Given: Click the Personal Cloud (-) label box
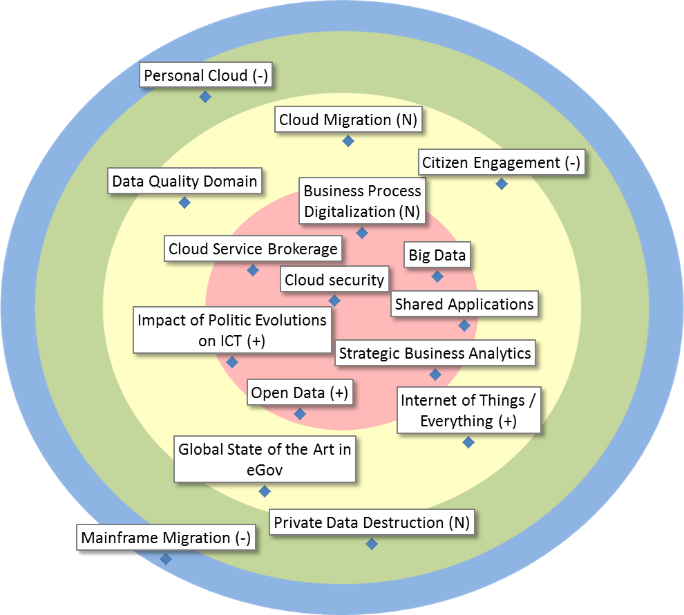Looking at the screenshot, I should tap(205, 75).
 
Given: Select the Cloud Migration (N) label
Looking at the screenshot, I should tap(348, 120).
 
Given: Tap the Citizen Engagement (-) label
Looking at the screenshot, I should tap(502, 163).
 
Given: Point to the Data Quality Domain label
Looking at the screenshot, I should tap(184, 181).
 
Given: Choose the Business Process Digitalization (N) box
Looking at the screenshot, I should tap(362, 201).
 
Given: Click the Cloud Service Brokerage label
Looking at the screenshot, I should tap(253, 249).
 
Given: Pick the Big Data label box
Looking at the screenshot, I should tap(437, 255).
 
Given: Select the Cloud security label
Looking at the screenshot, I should tap(334, 280).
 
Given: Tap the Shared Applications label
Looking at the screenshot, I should tap(464, 304).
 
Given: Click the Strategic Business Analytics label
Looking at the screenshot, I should tap(435, 353).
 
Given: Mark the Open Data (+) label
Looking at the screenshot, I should tap(299, 393).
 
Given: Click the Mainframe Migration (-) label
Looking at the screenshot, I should tap(166, 538).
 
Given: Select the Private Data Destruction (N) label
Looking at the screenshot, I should tap(372, 522).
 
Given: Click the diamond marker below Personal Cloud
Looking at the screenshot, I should tap(205, 97).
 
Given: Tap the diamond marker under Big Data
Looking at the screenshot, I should tap(437, 276).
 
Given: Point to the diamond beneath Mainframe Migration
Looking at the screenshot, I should tap(166, 559).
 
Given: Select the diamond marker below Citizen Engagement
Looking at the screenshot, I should tap(502, 184).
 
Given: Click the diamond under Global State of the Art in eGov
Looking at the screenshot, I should tap(264, 491).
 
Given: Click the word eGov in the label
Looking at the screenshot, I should tap(265, 470).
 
